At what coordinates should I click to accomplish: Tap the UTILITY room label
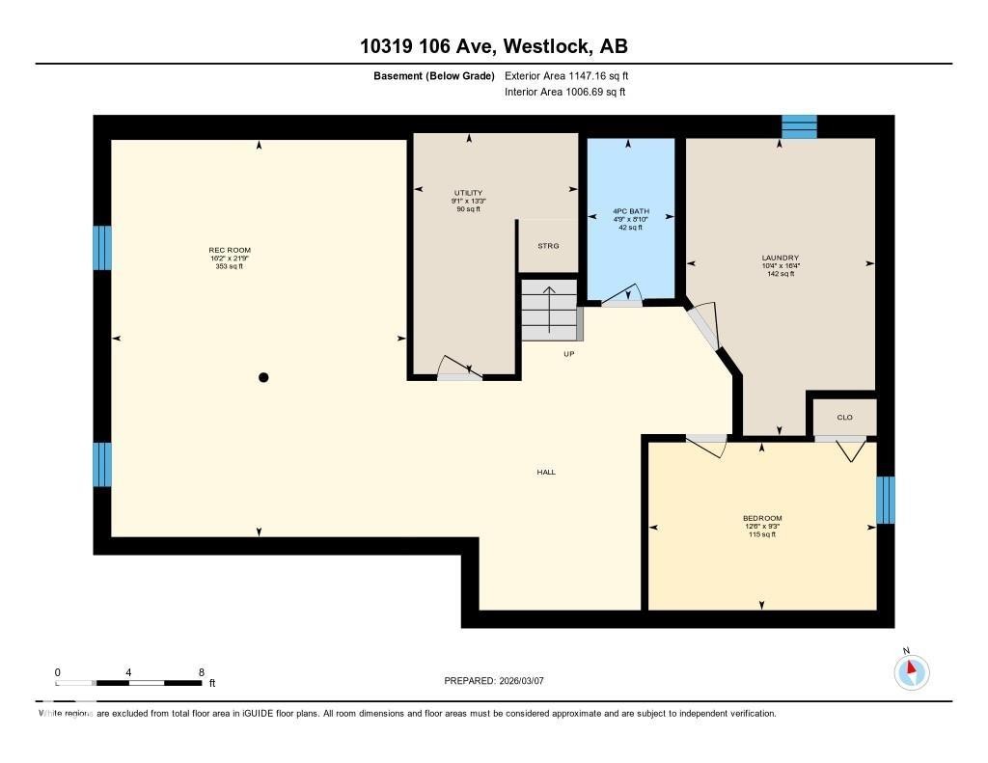(468, 193)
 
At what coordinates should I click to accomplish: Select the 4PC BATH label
(631, 211)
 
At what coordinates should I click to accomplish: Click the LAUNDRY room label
(780, 259)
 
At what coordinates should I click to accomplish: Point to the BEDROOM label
(761, 519)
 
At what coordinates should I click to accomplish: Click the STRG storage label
(547, 246)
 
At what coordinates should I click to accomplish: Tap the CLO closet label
(844, 418)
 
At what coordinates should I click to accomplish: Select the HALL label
(546, 473)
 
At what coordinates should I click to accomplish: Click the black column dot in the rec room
(262, 378)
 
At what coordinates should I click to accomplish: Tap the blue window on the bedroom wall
(885, 500)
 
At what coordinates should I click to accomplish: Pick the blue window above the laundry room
(798, 126)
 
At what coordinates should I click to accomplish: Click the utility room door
(458, 370)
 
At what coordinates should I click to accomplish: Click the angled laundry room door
(704, 325)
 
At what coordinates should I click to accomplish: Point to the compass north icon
(911, 671)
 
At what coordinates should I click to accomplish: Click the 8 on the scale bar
(201, 672)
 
